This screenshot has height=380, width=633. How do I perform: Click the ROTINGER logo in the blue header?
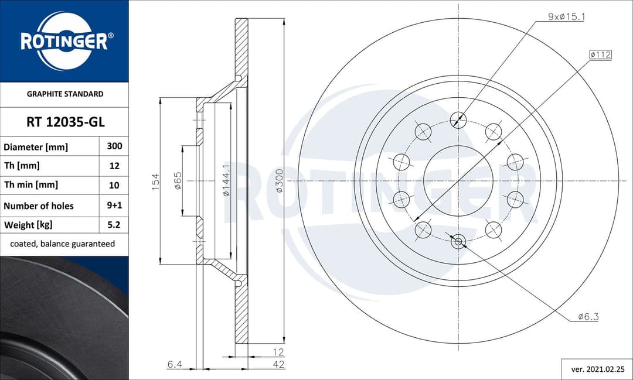(64, 41)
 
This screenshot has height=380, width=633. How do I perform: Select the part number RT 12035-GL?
(64, 122)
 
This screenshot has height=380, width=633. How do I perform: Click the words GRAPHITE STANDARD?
(64, 94)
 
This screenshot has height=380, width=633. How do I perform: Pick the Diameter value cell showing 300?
(114, 146)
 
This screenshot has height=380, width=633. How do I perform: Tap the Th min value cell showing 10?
(114, 185)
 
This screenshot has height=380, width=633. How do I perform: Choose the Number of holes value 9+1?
(114, 206)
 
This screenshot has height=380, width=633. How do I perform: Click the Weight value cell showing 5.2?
(114, 225)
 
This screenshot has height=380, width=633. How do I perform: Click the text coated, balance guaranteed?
(63, 244)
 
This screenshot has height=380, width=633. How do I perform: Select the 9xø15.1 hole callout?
(566, 17)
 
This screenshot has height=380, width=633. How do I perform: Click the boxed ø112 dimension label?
(600, 54)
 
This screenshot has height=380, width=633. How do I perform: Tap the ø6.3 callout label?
(588, 317)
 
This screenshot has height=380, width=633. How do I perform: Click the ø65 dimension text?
(178, 180)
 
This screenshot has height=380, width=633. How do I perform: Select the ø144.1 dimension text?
(226, 180)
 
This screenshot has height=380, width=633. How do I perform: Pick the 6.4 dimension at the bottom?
(174, 364)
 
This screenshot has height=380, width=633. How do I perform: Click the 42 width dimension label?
(279, 364)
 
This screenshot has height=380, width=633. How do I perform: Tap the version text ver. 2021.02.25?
(597, 369)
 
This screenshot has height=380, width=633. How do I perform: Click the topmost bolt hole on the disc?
(458, 119)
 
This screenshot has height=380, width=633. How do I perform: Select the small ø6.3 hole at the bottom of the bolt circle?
(458, 240)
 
